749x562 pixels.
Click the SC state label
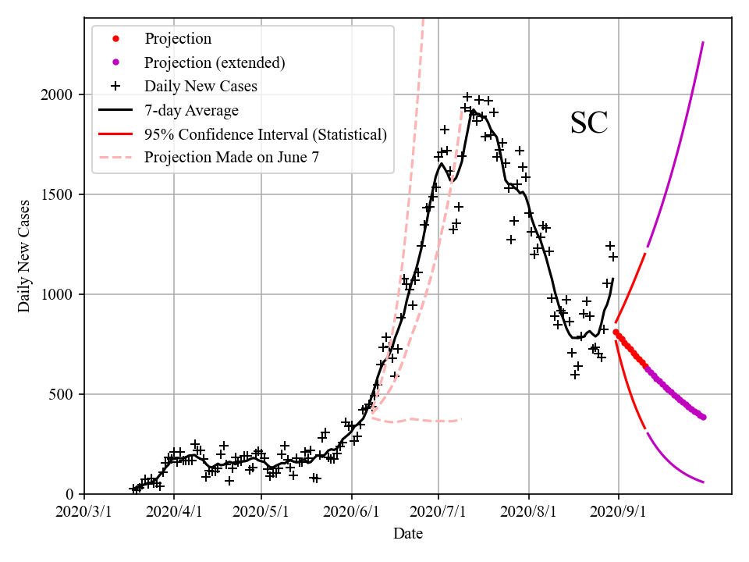589,123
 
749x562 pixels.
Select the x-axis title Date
408,533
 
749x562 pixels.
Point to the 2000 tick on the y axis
58,94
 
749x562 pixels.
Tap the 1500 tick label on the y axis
58,194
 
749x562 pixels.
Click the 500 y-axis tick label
62,394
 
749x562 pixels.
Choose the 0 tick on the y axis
69,494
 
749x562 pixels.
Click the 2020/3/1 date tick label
84,512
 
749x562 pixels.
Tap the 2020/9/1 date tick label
619,512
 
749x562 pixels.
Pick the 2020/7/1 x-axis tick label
438,512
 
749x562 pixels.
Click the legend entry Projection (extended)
215,62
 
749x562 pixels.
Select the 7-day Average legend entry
191,110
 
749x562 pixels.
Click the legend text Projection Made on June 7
232,158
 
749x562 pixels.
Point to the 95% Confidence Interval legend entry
265,134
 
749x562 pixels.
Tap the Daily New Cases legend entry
201,86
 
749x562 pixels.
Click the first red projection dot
616,332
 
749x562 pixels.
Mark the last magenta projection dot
703,417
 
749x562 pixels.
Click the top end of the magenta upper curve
703,42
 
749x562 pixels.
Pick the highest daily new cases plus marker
467,97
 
